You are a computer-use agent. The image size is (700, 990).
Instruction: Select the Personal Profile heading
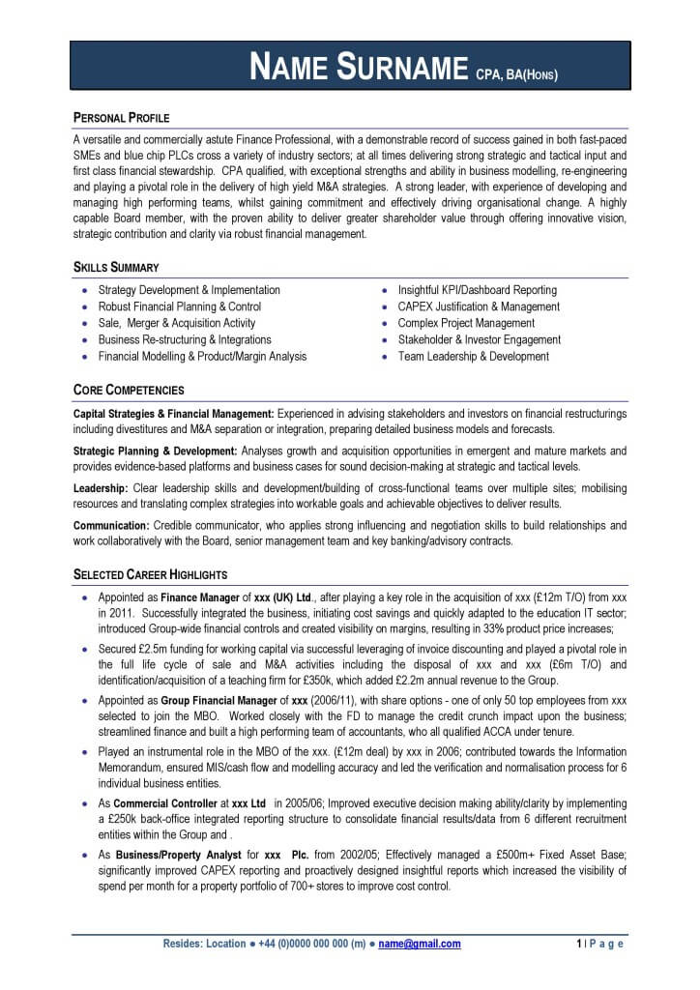coord(122,118)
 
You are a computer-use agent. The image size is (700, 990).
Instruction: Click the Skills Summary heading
coord(116,267)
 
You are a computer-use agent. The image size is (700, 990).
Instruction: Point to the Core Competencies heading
coord(129,391)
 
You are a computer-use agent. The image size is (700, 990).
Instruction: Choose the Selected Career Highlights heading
coord(151,574)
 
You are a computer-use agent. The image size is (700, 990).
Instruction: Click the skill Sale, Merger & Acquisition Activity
coord(177,323)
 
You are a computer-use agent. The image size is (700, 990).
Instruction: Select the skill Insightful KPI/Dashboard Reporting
coord(477,290)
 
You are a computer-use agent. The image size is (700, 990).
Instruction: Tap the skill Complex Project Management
coord(466,323)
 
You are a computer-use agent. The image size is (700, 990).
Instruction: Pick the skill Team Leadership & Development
coord(473,356)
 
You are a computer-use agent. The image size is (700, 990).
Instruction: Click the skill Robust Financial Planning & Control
coord(180,306)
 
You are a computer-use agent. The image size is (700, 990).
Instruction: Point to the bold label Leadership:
coord(101,488)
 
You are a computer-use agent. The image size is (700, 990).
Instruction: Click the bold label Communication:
coord(111,525)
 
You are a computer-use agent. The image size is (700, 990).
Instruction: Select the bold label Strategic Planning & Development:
coord(156,451)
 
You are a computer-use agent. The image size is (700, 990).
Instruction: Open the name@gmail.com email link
coord(420,944)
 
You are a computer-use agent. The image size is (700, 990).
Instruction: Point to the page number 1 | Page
coord(599,944)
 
